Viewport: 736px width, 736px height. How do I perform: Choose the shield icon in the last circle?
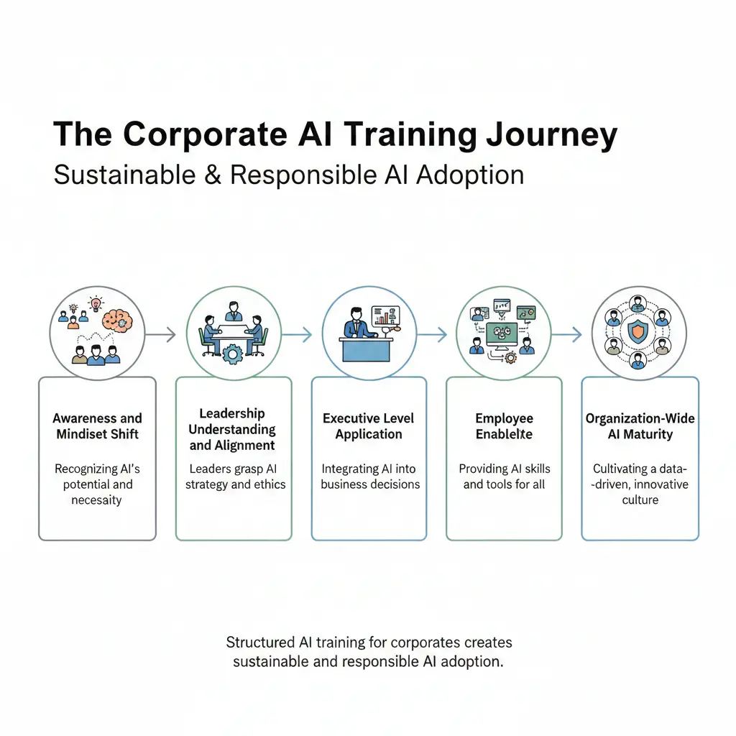coord(638,333)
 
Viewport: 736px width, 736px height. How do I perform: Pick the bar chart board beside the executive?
coord(385,318)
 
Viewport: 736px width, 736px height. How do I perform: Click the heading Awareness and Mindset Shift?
coord(97,426)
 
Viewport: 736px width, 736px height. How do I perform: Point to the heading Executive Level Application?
coord(369,426)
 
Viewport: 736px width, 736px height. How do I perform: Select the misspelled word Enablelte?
coord(504,434)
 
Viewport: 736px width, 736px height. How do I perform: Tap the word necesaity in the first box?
coord(97,500)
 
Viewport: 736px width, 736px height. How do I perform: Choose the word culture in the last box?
coord(640,500)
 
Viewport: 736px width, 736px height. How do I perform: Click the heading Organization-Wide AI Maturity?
coord(640,426)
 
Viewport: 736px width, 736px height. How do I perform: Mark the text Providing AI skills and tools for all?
coord(504,477)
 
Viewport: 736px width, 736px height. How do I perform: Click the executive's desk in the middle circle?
coord(367,350)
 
